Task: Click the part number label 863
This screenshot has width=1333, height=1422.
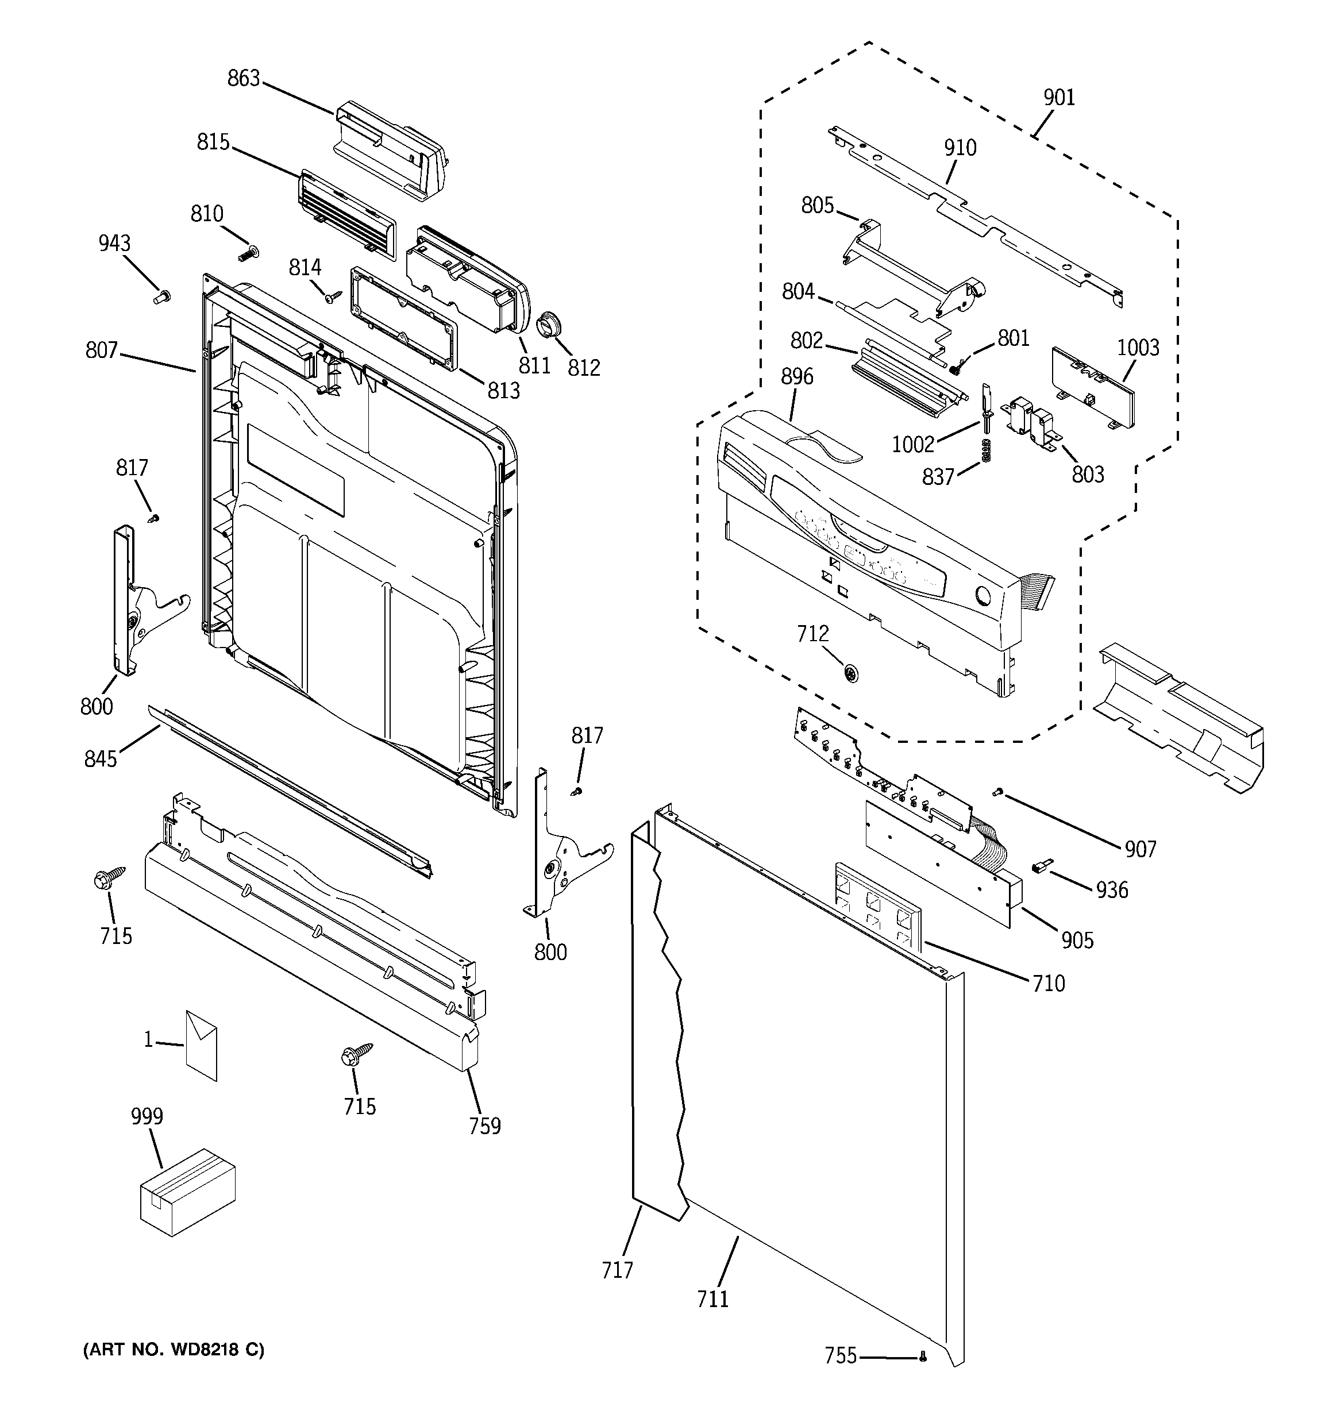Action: [x=243, y=79]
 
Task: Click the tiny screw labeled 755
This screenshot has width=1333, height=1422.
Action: [x=922, y=1355]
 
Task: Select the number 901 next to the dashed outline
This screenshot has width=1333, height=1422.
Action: [x=1059, y=97]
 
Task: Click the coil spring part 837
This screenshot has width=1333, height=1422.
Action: [x=986, y=450]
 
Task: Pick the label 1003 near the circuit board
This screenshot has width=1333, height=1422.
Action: [x=1138, y=348]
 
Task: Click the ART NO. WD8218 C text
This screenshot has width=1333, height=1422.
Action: [x=174, y=1350]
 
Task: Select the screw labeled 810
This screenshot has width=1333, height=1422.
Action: [x=248, y=252]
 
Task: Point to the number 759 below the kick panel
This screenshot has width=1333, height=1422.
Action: [x=484, y=1126]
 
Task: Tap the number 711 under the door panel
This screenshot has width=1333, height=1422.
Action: [x=712, y=1299]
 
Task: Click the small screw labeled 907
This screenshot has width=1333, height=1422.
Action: [x=998, y=791]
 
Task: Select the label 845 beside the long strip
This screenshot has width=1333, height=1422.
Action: [x=100, y=759]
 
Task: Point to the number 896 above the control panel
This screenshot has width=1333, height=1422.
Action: [x=797, y=376]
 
